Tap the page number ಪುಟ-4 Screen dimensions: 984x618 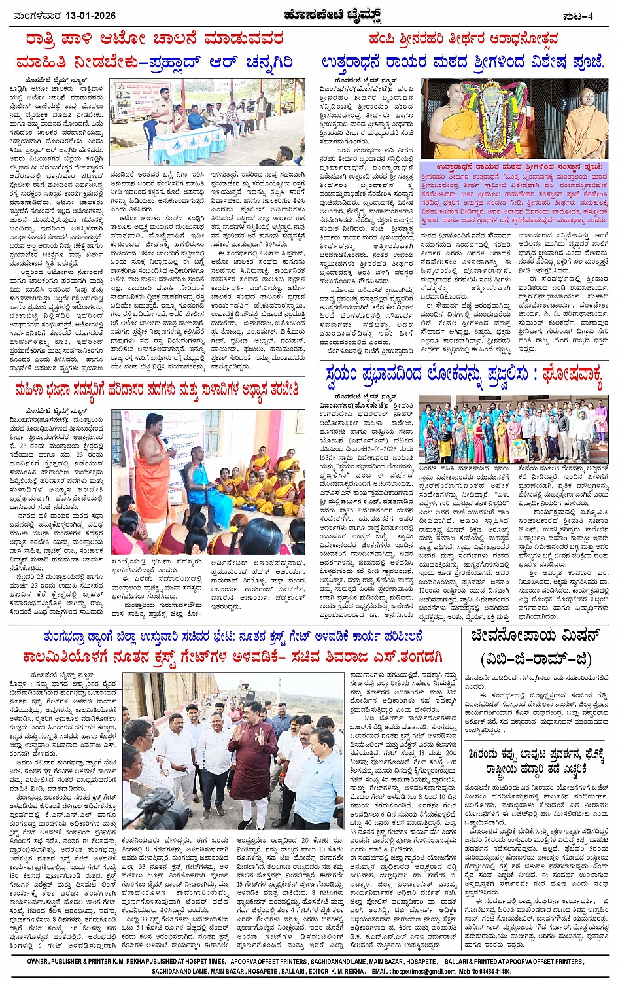point(577,15)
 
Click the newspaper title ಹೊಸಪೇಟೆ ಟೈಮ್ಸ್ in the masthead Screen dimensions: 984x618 point(309,15)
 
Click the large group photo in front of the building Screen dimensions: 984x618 point(513,429)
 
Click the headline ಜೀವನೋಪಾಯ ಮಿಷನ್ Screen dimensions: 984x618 point(536,637)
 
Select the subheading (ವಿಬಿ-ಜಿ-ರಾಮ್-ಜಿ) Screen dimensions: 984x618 point(536,658)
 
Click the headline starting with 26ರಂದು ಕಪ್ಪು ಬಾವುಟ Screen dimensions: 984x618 point(536,762)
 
